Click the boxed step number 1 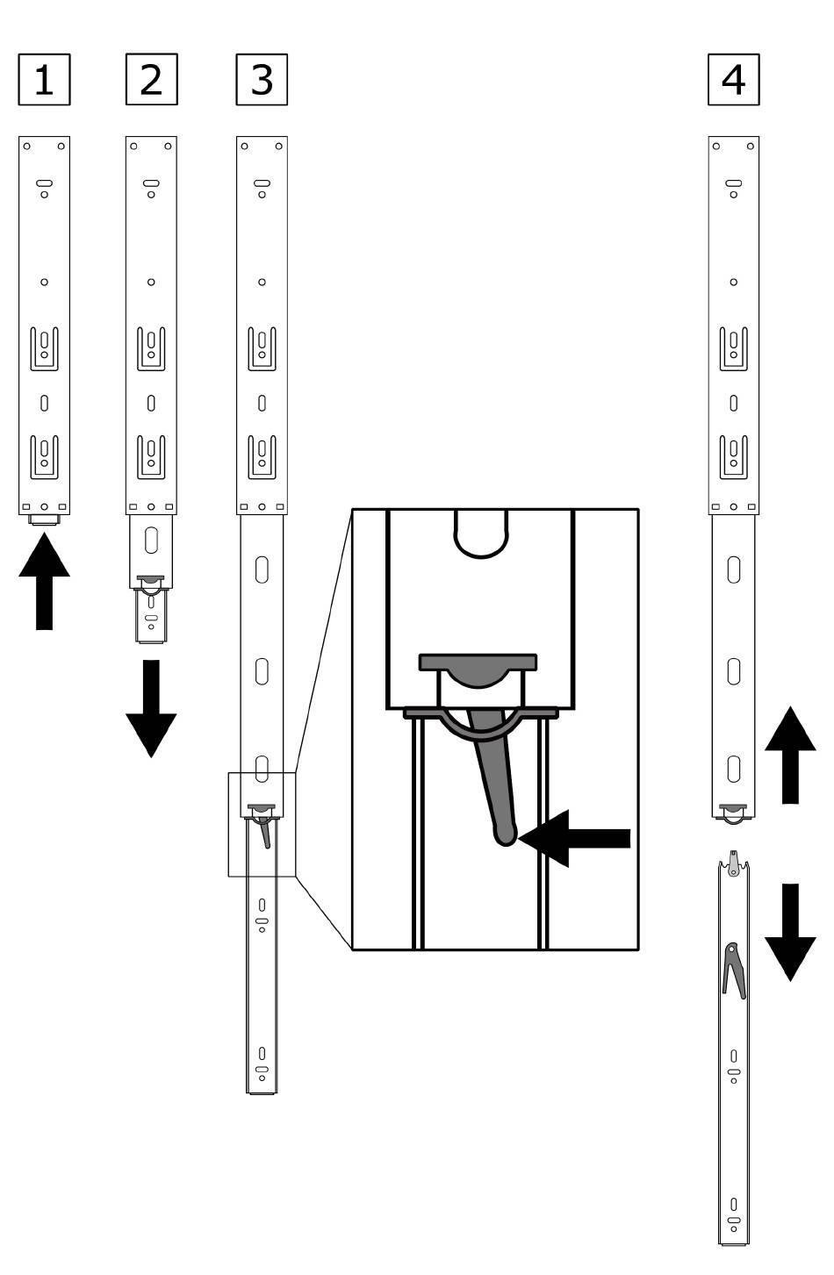[x=45, y=80]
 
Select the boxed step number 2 [x=151, y=80]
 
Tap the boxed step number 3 [x=262, y=80]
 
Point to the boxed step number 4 [x=733, y=80]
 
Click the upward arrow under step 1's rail [x=45, y=581]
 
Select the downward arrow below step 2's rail [x=151, y=709]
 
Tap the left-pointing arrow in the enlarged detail [x=574, y=838]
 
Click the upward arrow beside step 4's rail [x=790, y=755]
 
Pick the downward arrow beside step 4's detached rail [x=790, y=933]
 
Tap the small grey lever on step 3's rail [x=265, y=832]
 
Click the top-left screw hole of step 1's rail [x=26, y=147]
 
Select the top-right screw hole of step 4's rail [x=751, y=147]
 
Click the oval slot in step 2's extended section [x=151, y=541]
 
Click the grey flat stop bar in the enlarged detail [x=478, y=662]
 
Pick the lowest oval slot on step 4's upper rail [x=734, y=769]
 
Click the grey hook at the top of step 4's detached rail [x=734, y=863]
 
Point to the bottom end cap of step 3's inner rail [x=262, y=1092]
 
